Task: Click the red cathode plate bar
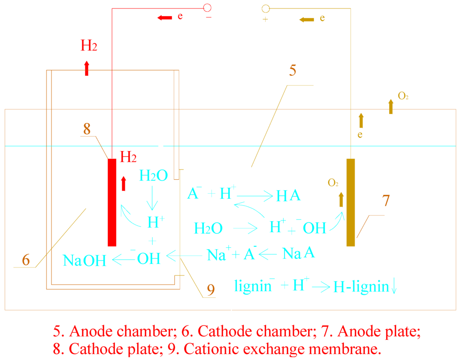pos(112,202)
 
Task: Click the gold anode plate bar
pos(351,202)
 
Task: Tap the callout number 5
pos(292,71)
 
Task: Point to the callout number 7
pos(386,201)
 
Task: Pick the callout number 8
pos(87,129)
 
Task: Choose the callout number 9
pos(210,291)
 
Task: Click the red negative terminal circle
pos(207,8)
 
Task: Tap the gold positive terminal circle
pos(265,8)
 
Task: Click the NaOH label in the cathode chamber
pos(85,260)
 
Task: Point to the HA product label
pos(288,195)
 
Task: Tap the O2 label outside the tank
pos(403,96)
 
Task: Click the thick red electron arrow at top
pos(165,17)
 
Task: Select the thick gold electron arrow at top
pos(307,19)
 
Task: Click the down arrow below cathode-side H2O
pos(153,197)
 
